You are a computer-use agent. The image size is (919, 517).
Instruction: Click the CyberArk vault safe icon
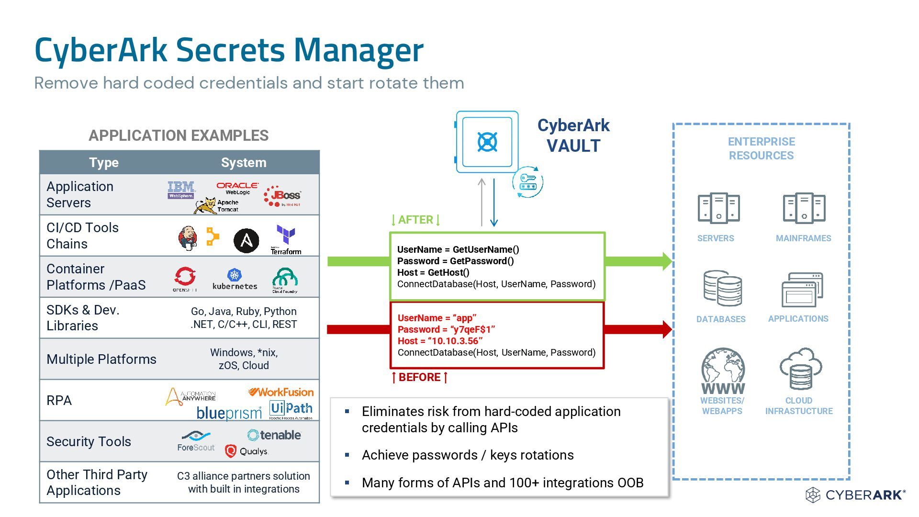click(487, 142)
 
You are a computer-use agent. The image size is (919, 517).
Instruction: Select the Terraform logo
click(286, 240)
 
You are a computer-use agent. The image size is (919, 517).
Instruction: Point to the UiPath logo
click(291, 409)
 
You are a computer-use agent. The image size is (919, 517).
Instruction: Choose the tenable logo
click(274, 435)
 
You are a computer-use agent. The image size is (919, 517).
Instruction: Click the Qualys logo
click(247, 451)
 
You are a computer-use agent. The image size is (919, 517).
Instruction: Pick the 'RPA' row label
click(59, 400)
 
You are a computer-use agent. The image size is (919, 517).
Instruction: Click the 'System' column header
click(244, 162)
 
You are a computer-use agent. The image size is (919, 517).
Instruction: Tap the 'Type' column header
click(104, 162)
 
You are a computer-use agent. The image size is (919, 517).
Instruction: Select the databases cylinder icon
click(722, 289)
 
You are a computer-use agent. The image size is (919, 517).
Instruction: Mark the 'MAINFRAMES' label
click(803, 238)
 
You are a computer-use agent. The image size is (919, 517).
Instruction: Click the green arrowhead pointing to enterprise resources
click(667, 261)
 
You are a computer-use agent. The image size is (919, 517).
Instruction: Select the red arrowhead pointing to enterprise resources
click(667, 329)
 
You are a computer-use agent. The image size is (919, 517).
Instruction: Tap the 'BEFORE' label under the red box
click(419, 377)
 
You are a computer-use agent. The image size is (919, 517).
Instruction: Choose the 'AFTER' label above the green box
click(415, 220)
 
